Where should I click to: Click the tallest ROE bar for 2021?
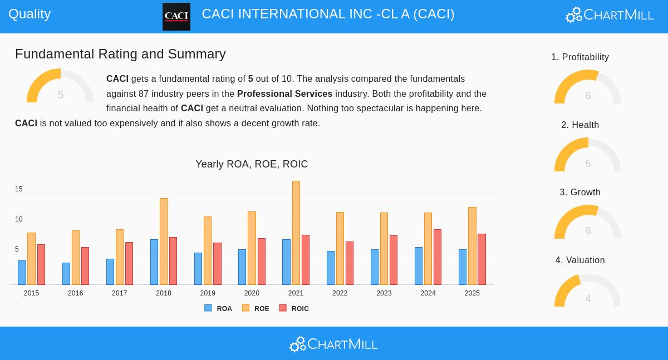click(296, 233)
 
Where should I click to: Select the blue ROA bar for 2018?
click(154, 262)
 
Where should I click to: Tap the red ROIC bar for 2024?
click(438, 257)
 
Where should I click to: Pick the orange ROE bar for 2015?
click(31, 259)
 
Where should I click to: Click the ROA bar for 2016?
click(66, 274)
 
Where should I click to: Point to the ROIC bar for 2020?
click(262, 262)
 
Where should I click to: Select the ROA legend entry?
click(218, 308)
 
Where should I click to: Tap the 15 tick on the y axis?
click(19, 189)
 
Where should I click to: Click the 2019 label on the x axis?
click(208, 293)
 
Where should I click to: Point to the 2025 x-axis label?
click(472, 293)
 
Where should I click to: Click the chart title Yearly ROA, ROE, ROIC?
click(252, 164)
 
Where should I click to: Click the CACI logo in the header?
click(176, 17)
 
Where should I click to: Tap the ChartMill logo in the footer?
click(333, 344)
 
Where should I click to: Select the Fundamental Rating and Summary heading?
click(120, 54)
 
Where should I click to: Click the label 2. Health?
click(580, 125)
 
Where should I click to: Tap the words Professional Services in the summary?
click(284, 94)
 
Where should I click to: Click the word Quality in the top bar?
click(30, 14)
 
